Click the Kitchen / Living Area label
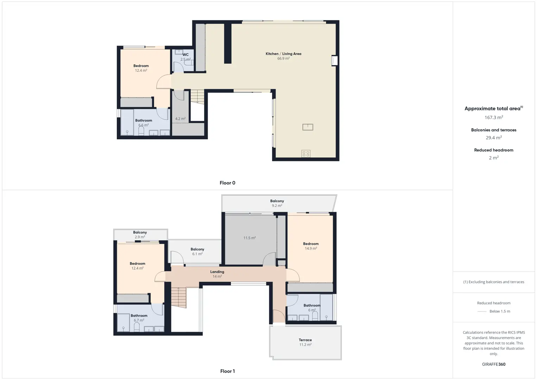pos(283,54)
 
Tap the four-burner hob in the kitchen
pos(306,153)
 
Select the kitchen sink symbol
pos(308,127)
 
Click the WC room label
pos(185,55)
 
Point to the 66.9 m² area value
pos(283,58)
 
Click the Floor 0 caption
pos(228,183)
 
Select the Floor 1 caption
pos(228,371)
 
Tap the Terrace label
pos(305,340)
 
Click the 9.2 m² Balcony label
pos(277,201)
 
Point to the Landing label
pos(217,272)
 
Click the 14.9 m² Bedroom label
pos(311,244)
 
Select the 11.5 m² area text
pos(249,238)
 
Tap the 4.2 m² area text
pos(180,119)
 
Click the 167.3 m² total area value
pos(494,118)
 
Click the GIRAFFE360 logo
pos(494,364)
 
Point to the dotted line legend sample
pos(482,311)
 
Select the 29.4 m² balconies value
pos(494,138)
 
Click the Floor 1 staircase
pos(179,297)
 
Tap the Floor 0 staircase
pos(197,97)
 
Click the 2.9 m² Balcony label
pos(140,232)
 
